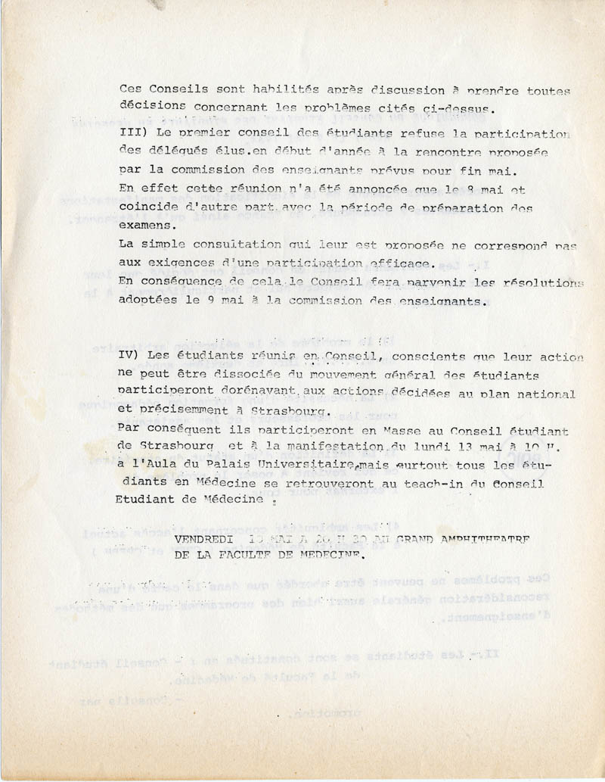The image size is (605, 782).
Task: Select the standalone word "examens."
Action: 147,225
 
